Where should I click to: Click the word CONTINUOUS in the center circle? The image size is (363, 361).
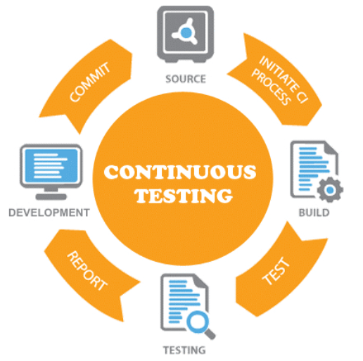click(x=180, y=172)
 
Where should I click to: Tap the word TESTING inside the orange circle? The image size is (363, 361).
click(x=184, y=196)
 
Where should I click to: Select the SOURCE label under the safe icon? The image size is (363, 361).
click(x=186, y=79)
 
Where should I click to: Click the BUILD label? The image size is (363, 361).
click(x=314, y=213)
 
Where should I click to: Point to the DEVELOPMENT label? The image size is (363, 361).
click(x=49, y=213)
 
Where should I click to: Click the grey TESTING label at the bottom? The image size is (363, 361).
click(x=184, y=350)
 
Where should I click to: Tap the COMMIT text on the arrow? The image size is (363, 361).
click(x=89, y=82)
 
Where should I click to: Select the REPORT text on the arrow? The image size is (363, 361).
click(x=87, y=271)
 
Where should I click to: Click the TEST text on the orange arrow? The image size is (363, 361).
click(x=276, y=271)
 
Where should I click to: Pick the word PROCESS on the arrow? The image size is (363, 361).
click(x=272, y=87)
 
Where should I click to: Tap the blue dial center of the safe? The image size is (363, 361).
click(x=186, y=32)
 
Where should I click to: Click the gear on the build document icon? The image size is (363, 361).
click(x=330, y=189)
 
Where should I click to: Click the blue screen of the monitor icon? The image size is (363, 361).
click(x=51, y=166)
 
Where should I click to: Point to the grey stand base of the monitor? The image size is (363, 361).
click(x=51, y=197)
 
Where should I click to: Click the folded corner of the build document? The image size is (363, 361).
click(x=331, y=148)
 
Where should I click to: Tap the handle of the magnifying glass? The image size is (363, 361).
click(x=210, y=334)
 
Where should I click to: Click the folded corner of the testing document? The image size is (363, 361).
click(x=201, y=281)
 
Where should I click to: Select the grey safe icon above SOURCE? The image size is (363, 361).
click(x=185, y=34)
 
